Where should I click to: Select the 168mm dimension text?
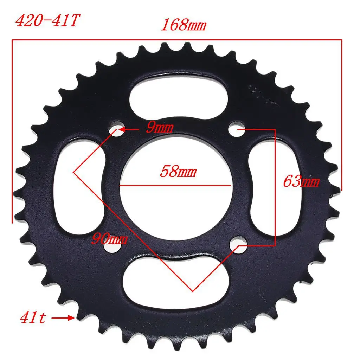point(183,26)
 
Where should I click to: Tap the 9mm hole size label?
point(160,128)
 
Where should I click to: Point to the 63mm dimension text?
point(301,182)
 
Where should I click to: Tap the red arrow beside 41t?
point(63,319)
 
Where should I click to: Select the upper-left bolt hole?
point(117,129)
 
